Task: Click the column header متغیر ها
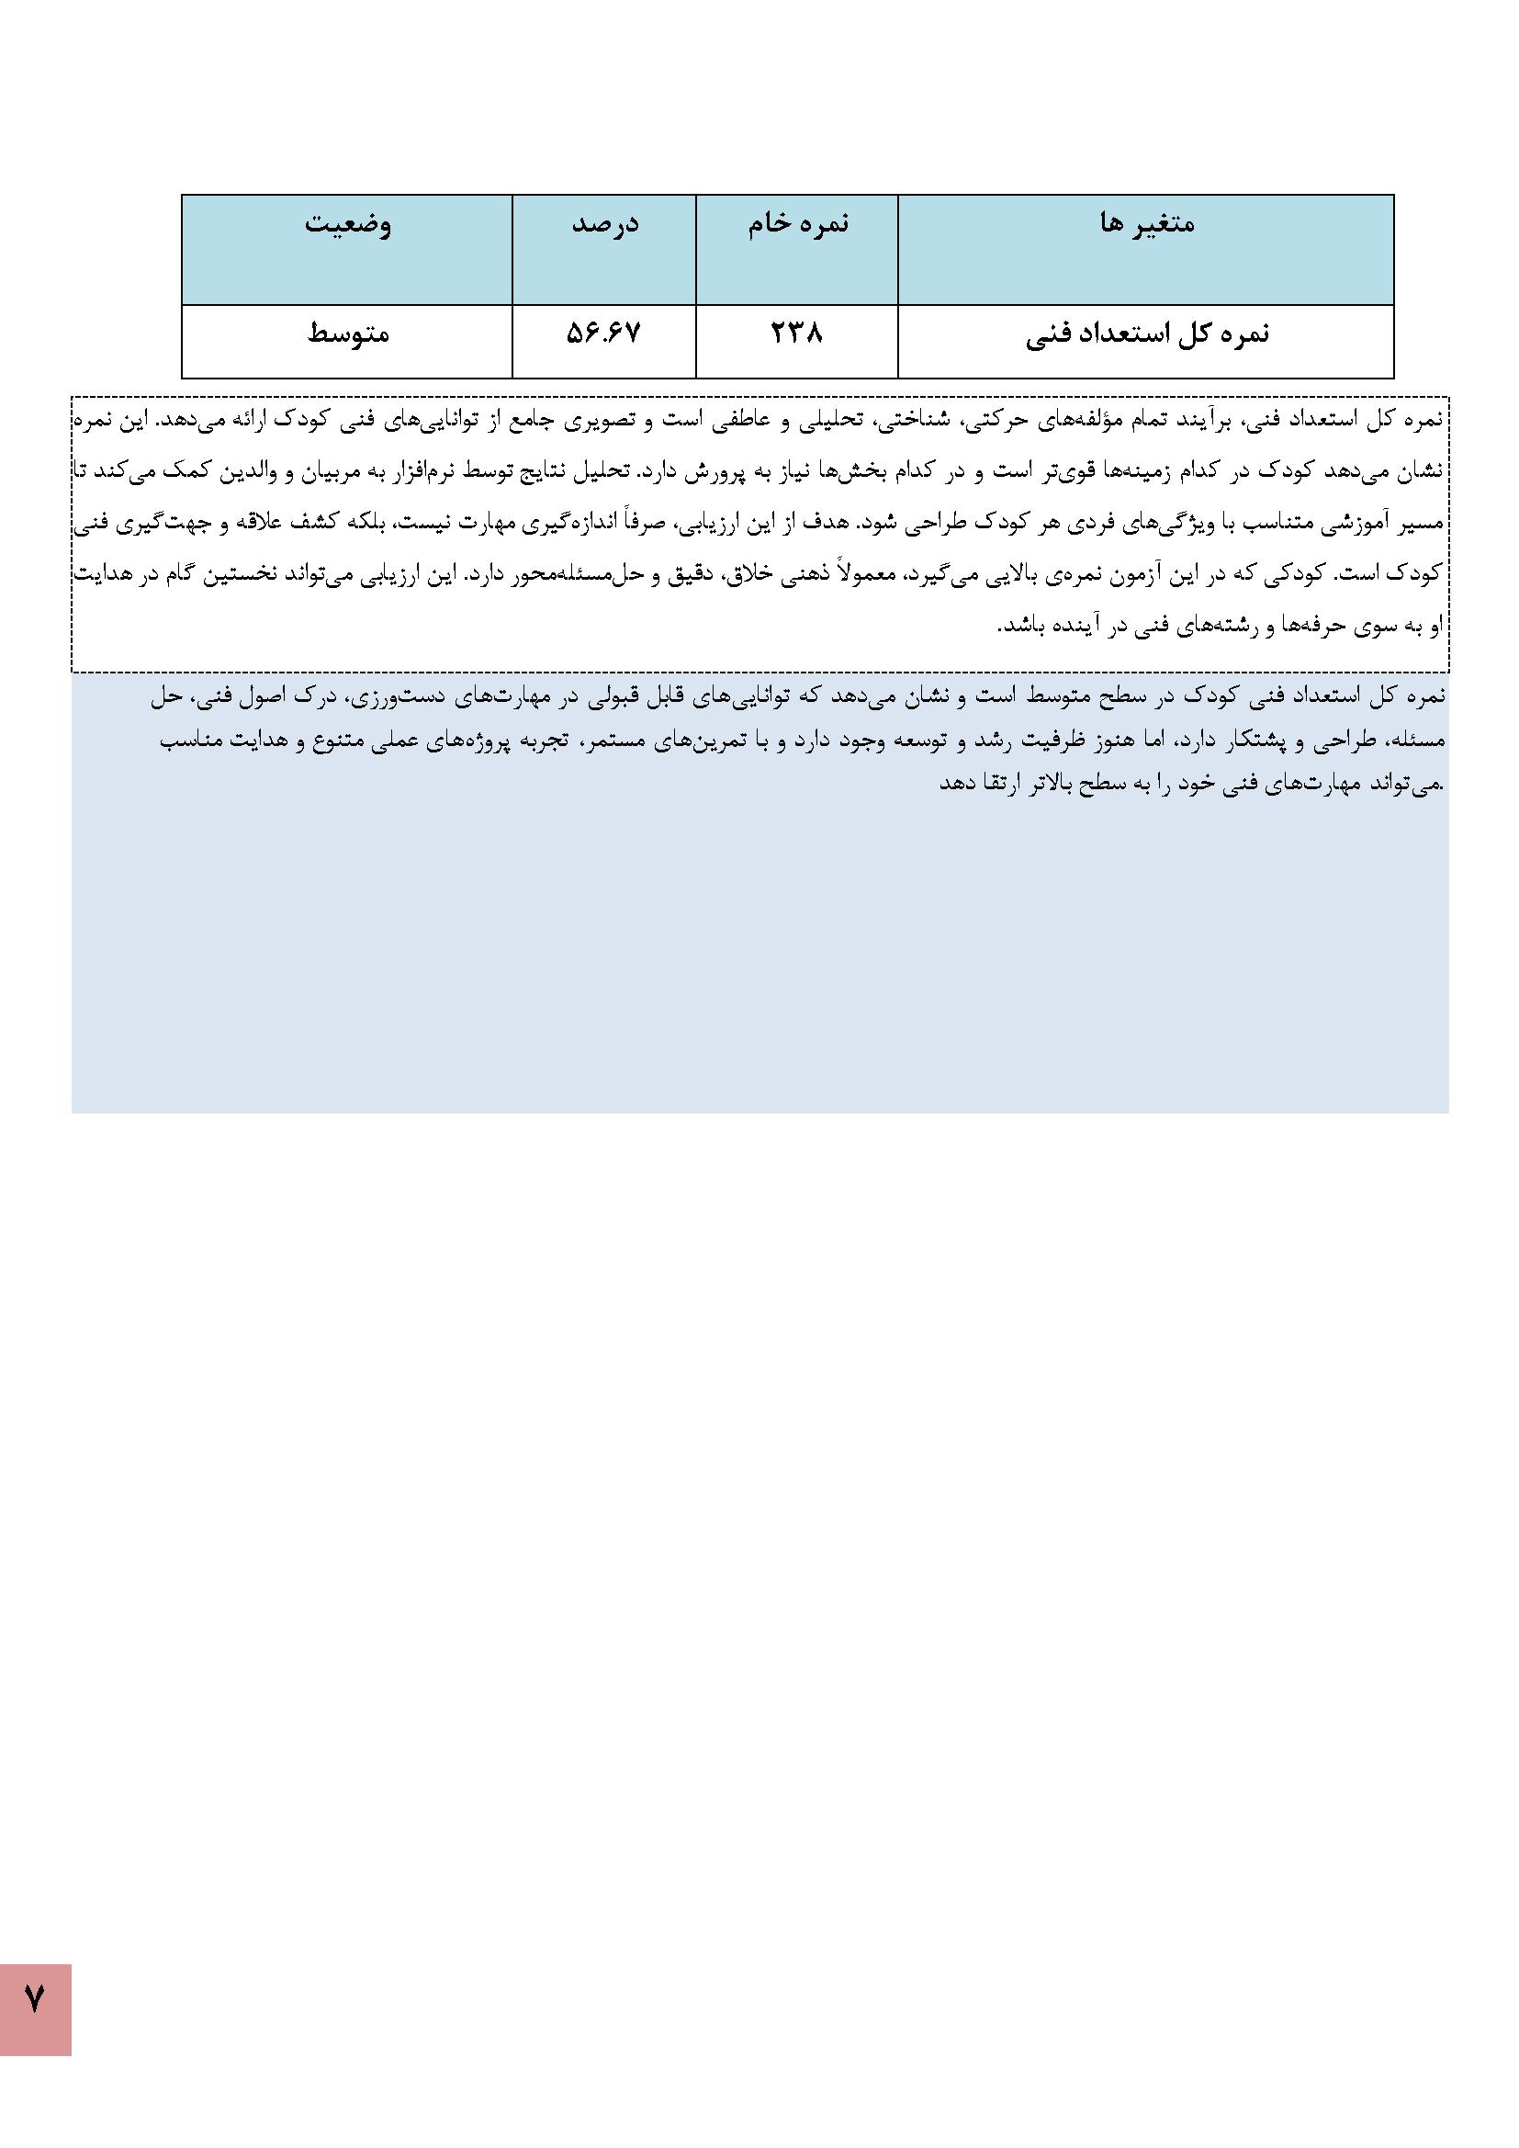pos(1147,224)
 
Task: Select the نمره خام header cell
pos(798,224)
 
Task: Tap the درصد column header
pos(604,224)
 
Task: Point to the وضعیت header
pos(347,224)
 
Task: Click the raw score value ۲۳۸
pos(797,334)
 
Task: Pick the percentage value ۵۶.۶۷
pos(604,334)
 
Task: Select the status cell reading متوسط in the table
pos(348,334)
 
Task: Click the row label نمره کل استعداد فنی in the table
pos(1147,335)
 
